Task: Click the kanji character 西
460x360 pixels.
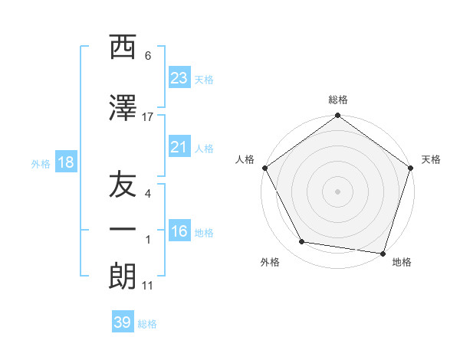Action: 123,47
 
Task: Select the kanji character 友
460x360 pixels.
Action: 123,186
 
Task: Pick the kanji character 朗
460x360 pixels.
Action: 123,276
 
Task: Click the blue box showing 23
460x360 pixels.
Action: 179,78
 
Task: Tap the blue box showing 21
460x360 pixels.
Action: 179,148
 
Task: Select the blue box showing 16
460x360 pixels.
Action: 179,231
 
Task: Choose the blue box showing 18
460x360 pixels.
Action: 65,162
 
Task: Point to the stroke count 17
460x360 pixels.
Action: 148,116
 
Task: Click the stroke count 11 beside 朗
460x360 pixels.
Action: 147,286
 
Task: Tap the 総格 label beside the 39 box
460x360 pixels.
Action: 148,324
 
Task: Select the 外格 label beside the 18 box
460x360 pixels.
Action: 41,163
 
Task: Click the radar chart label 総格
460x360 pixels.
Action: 338,100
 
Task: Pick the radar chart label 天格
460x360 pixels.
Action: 432,159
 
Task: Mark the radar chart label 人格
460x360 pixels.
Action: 245,159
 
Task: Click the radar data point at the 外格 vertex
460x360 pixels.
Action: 302,242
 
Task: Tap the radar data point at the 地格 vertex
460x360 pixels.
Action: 382,253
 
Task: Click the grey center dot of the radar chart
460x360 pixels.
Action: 338,191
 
